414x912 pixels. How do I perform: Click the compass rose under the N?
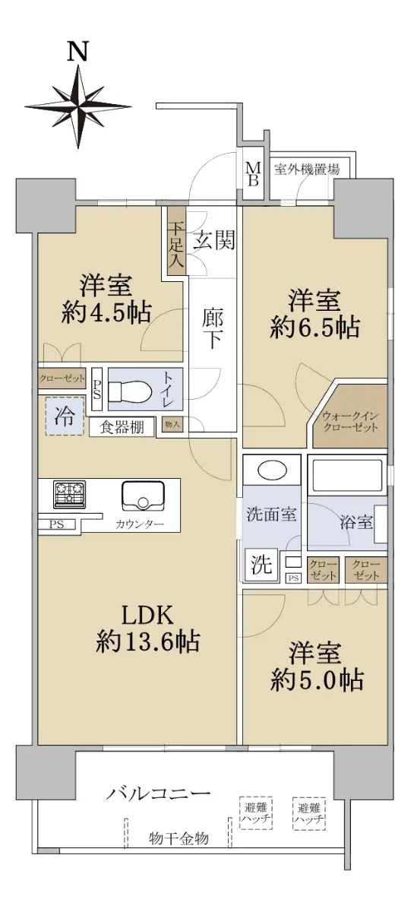[x=78, y=106]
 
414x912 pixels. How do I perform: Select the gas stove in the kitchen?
[x=70, y=494]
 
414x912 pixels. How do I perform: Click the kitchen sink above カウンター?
[x=143, y=495]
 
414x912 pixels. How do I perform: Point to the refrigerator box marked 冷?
[x=65, y=416]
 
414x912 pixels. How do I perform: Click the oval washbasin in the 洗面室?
[x=273, y=471]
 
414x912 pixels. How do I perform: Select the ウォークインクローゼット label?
[x=350, y=421]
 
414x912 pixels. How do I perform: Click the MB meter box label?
[x=253, y=174]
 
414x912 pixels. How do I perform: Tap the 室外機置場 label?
[x=307, y=169]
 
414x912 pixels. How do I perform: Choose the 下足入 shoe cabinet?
[x=177, y=241]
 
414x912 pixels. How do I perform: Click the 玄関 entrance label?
[x=213, y=239]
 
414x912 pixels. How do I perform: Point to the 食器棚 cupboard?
[x=122, y=427]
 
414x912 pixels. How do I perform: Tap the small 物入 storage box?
[x=172, y=424]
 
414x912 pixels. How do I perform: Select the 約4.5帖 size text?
[x=106, y=312]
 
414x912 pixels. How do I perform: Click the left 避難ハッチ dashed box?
[x=256, y=812]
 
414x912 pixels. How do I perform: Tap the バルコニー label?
[x=158, y=793]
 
